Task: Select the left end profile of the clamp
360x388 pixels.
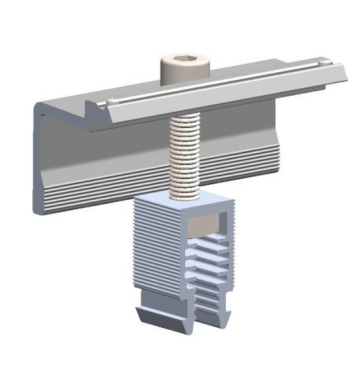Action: (38, 162)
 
